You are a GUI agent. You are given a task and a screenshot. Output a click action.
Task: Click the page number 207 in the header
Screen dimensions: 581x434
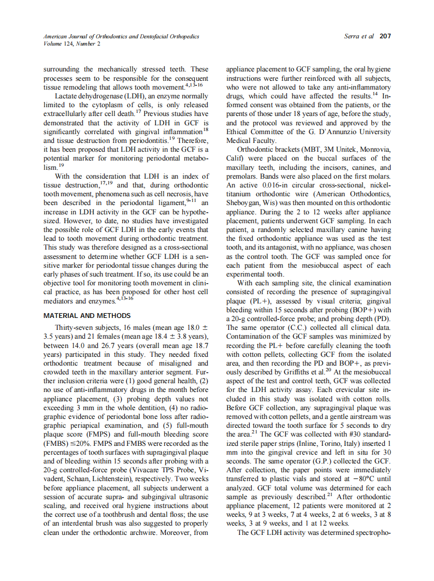385,36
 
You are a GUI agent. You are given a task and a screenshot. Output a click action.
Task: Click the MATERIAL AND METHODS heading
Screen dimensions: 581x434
87,315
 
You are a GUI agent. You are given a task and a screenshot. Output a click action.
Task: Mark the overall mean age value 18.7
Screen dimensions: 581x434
199,345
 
